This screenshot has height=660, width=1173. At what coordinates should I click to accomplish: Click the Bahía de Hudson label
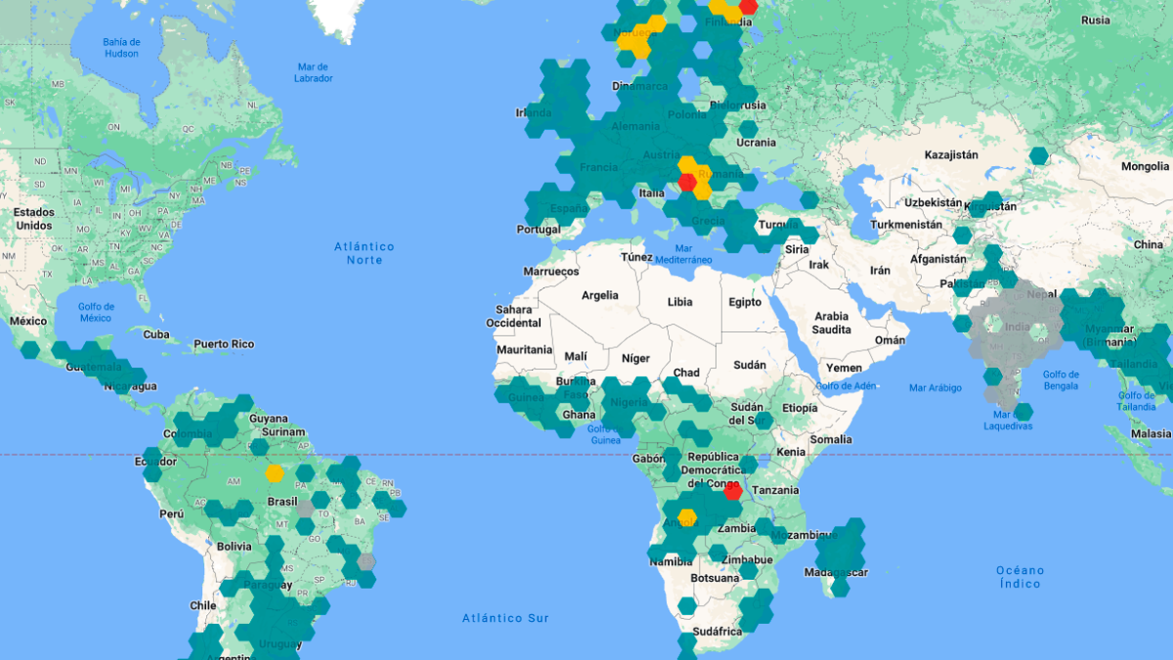122,48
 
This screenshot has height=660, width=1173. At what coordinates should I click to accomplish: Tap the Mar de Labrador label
314,72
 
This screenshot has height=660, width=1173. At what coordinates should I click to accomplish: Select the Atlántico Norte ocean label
364,253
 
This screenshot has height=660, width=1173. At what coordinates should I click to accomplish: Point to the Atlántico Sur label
505,618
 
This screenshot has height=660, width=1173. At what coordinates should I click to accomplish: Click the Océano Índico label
1021,577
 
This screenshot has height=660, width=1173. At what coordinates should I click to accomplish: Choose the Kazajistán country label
951,155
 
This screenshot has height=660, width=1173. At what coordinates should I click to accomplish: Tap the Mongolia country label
1145,166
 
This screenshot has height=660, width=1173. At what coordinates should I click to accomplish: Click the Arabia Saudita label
832,323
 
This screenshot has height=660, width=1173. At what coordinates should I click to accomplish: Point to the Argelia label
600,295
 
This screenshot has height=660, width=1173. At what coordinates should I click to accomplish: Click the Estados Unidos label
33,219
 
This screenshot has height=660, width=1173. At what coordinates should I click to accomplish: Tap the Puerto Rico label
224,344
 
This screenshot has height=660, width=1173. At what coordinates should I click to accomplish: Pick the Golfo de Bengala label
1061,380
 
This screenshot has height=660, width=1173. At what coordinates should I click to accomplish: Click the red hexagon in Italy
688,183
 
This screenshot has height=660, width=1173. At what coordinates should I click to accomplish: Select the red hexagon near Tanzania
732,491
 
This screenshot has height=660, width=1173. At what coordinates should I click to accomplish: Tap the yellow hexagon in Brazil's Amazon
275,474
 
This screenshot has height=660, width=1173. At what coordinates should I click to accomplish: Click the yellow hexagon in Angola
687,516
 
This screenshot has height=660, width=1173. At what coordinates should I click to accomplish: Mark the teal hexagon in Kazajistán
1038,155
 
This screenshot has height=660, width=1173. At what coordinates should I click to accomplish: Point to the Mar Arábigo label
935,388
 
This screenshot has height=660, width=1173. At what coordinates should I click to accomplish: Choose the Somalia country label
831,439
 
